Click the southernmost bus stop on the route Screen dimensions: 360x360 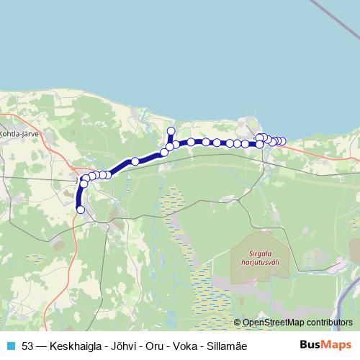(x=80, y=210)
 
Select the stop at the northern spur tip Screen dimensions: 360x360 (x=171, y=130)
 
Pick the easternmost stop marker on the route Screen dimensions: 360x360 (x=282, y=141)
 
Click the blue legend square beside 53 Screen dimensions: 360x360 (x=10, y=346)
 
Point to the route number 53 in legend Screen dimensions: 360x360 (x=28, y=346)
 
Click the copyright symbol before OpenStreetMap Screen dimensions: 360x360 (x=237, y=323)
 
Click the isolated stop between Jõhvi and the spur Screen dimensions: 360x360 (x=135, y=161)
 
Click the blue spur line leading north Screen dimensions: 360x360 (x=171, y=138)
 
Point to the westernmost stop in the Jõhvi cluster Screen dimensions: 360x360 (x=84, y=184)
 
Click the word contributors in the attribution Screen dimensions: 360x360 (x=328, y=323)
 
